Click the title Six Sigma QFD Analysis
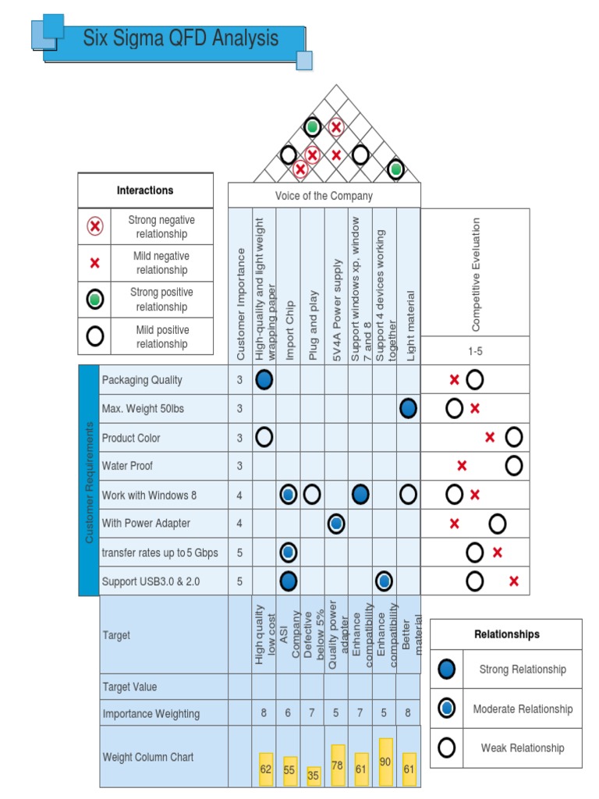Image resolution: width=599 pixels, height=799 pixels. pyautogui.click(x=180, y=38)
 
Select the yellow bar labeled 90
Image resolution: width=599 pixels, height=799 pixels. pyautogui.click(x=385, y=762)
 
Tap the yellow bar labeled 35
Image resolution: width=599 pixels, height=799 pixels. pyautogui.click(x=314, y=776)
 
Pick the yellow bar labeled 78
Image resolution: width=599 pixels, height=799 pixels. pyautogui.click(x=337, y=765)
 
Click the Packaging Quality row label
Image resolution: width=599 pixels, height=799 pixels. pyautogui.click(x=142, y=380)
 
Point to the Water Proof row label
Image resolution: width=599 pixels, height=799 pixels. pyautogui.click(x=127, y=466)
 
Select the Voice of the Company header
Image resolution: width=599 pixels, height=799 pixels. pyautogui.click(x=324, y=196)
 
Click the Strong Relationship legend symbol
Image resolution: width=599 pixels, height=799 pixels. pyautogui.click(x=446, y=669)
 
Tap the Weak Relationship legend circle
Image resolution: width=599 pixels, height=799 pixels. pyautogui.click(x=446, y=748)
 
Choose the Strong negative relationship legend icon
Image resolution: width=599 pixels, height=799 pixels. pyautogui.click(x=94, y=227)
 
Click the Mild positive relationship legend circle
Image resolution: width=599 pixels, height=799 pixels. pyautogui.click(x=94, y=336)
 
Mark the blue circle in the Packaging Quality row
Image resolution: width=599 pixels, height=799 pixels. pyautogui.click(x=264, y=380)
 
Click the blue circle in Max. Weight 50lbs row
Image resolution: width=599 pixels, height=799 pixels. pyautogui.click(x=408, y=408)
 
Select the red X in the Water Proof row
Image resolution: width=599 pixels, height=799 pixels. pyautogui.click(x=462, y=466)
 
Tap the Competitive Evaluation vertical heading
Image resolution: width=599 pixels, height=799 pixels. pyautogui.click(x=476, y=275)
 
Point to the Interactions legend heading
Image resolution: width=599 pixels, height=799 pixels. pyautogui.click(x=145, y=190)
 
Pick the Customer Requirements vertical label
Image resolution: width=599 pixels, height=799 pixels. pyautogui.click(x=89, y=481)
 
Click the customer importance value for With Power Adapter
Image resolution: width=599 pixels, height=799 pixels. pyautogui.click(x=239, y=524)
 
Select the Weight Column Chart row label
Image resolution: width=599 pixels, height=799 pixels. pyautogui.click(x=148, y=757)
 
